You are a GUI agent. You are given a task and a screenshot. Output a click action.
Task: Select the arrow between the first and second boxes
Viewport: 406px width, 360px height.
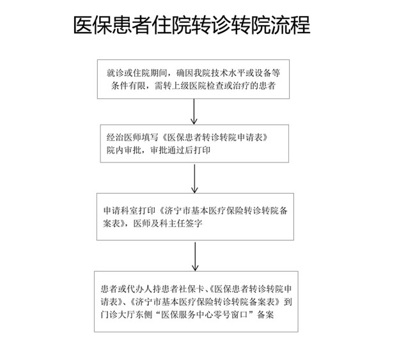point(194,112)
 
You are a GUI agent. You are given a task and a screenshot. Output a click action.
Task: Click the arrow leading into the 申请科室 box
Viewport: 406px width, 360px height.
point(194,178)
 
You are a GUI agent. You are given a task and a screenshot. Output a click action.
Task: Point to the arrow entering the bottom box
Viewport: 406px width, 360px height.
point(195,256)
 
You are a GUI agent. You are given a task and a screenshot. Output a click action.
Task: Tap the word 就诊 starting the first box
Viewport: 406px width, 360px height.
point(115,74)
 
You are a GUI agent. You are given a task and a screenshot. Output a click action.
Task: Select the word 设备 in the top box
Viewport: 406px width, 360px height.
point(263,74)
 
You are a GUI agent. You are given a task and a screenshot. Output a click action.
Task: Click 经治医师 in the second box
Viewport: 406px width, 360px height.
point(124,137)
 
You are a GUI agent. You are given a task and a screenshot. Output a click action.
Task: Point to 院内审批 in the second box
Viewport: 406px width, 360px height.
point(124,150)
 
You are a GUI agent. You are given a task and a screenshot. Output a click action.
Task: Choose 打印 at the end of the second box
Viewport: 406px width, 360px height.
point(202,150)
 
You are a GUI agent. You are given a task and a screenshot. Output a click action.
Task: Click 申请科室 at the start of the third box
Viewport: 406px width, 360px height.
point(120,210)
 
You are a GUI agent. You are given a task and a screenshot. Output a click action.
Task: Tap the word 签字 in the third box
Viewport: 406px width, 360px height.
point(194,224)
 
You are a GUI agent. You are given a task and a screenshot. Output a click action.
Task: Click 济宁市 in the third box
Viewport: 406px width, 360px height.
point(178,210)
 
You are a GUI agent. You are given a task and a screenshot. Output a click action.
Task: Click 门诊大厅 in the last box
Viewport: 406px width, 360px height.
point(118,315)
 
